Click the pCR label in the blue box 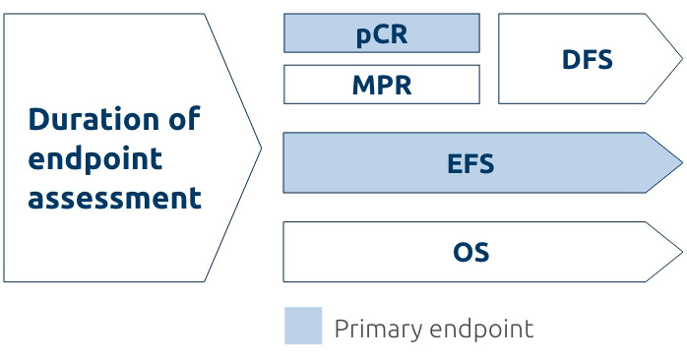tap(381, 34)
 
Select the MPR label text tap(381, 86)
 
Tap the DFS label tap(587, 60)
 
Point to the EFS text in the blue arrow tap(470, 163)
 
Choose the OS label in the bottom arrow tap(470, 253)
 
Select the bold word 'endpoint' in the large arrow tap(94, 159)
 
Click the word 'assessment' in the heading tap(114, 198)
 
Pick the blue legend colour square tap(303, 326)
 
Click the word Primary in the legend tap(378, 329)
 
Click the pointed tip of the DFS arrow tap(680, 59)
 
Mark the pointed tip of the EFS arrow tap(680, 162)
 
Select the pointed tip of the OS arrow tap(680, 252)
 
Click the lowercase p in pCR tap(363, 36)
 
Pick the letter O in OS tap(463, 253)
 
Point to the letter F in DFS tap(588, 60)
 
